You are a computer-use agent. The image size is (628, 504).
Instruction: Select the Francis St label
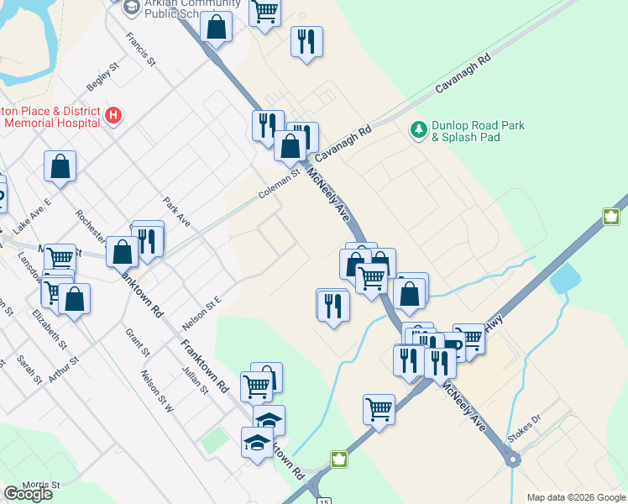coord(141,50)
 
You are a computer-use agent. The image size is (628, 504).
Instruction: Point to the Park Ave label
coord(177,212)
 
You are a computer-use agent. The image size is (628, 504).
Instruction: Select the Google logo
coord(28,494)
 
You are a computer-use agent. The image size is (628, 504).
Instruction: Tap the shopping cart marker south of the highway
coord(379,410)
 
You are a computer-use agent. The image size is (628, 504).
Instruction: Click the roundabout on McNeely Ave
coord(510,459)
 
